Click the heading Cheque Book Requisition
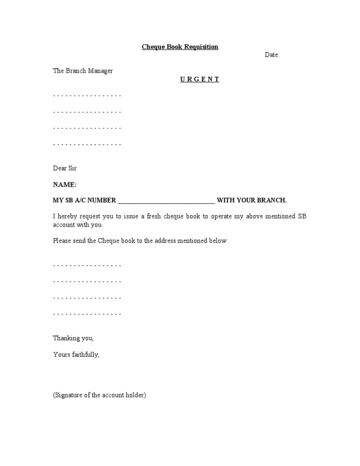click(x=180, y=47)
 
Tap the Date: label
click(x=272, y=55)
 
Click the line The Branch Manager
click(x=83, y=71)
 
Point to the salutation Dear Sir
click(x=65, y=168)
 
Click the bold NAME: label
click(x=65, y=185)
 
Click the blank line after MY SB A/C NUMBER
click(x=166, y=201)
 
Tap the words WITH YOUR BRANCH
click(x=252, y=200)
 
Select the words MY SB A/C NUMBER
click(x=84, y=200)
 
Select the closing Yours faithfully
click(x=76, y=354)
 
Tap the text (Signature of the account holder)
click(x=100, y=395)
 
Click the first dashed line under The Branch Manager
click(x=87, y=96)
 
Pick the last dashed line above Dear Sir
click(x=87, y=144)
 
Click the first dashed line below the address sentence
click(x=87, y=265)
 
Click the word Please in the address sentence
click(x=62, y=241)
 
